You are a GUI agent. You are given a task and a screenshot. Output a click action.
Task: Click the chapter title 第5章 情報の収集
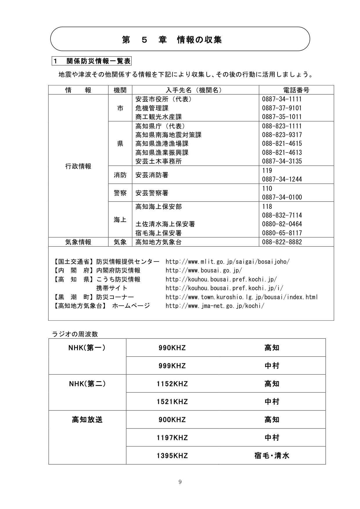(172, 40)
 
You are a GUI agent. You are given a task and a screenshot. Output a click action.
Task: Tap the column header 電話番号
(296, 90)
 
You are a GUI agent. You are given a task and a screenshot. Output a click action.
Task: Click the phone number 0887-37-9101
(282, 108)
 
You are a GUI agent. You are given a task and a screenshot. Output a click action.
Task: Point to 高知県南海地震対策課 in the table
(168, 135)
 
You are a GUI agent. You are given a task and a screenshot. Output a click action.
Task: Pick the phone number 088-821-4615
(282, 144)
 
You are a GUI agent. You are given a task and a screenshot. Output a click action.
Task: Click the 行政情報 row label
(78, 166)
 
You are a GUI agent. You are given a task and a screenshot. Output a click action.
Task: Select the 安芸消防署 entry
(152, 175)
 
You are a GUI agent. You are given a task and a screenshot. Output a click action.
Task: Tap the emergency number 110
(267, 189)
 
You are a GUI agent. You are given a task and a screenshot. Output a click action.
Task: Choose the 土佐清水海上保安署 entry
(165, 224)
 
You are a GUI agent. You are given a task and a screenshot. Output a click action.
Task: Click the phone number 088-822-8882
(282, 242)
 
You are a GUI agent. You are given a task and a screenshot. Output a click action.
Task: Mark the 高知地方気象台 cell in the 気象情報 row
(159, 242)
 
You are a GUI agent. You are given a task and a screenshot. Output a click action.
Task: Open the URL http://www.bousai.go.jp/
(204, 270)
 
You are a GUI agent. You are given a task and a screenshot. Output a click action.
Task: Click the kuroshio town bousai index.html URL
(242, 297)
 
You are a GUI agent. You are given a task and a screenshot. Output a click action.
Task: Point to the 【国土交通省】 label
(74, 261)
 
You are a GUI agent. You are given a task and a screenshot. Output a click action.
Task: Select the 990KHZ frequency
(172, 348)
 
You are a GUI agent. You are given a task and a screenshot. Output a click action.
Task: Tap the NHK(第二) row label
(87, 384)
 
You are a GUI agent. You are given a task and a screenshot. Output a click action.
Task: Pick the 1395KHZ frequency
(172, 456)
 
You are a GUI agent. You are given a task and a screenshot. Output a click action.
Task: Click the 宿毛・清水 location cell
(272, 456)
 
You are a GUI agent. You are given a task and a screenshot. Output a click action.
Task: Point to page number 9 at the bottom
(180, 482)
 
